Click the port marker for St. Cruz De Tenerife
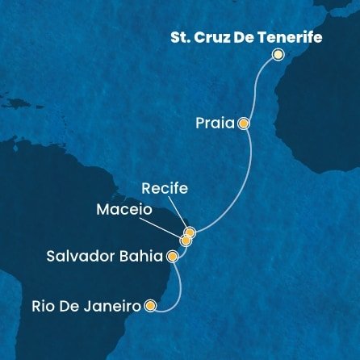(278, 55)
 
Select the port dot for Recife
(190, 232)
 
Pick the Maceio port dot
(186, 240)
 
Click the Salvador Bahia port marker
(171, 257)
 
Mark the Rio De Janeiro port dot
(150, 306)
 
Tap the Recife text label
(165, 189)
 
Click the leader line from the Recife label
(178, 212)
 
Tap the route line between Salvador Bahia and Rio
(172, 286)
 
